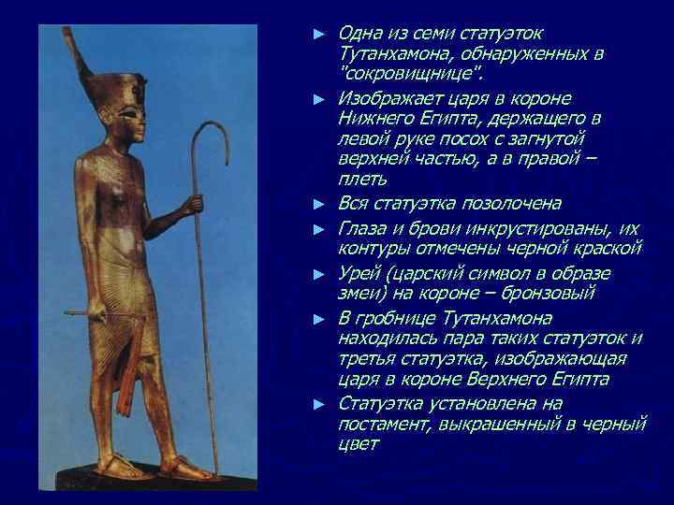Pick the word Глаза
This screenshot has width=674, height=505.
[362, 228]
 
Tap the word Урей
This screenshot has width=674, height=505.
[359, 273]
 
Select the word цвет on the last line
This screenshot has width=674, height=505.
[358, 446]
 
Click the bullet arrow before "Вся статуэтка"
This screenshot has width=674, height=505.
[319, 204]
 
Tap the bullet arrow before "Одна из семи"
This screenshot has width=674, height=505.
[319, 34]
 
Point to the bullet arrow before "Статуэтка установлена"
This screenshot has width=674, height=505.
[319, 404]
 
